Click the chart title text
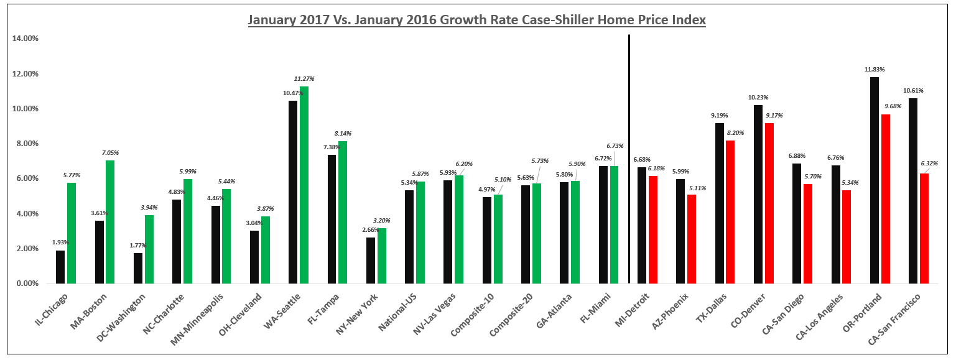point(477,20)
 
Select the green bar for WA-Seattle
point(304,185)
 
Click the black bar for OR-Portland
point(875,180)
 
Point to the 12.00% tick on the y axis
point(25,73)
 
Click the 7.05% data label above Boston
point(110,152)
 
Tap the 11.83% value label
point(875,69)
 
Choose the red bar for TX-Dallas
point(731,211)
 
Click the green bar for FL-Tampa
point(343,212)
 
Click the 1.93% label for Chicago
point(60,242)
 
